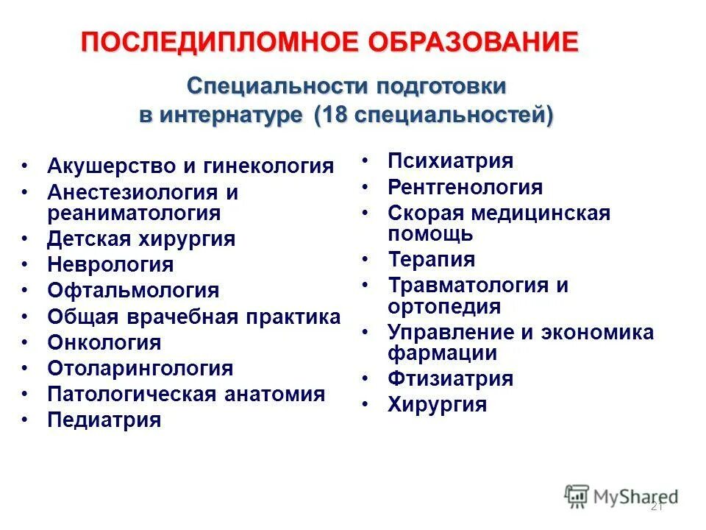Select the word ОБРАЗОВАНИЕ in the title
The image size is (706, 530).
point(486,42)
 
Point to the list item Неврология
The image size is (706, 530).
point(110,264)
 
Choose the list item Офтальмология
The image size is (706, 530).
point(133,290)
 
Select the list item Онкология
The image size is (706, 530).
point(104,342)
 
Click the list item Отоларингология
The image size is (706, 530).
point(140,368)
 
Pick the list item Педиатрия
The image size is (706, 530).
point(104,420)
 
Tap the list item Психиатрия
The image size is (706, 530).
point(450,160)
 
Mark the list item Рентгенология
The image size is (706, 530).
point(465,187)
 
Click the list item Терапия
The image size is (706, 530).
point(431,259)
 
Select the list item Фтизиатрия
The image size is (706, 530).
point(450,378)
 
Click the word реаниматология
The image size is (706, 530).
point(134,213)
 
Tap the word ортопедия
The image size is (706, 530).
point(444,306)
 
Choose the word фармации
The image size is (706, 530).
point(442,353)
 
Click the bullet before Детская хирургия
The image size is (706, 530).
point(26,240)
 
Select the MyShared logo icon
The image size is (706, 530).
point(577,496)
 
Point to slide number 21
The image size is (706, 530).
point(657,507)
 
